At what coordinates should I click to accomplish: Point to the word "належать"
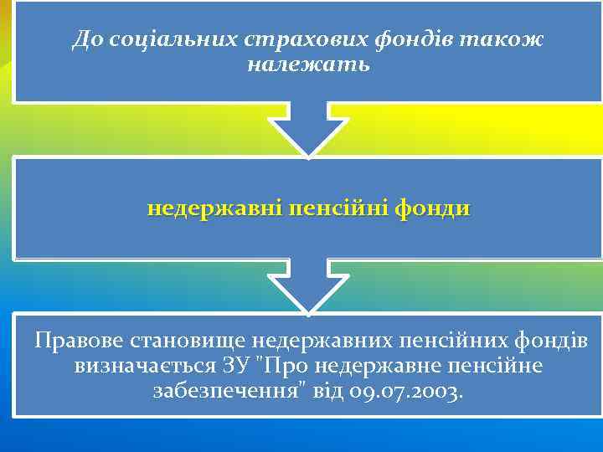[307, 64]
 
